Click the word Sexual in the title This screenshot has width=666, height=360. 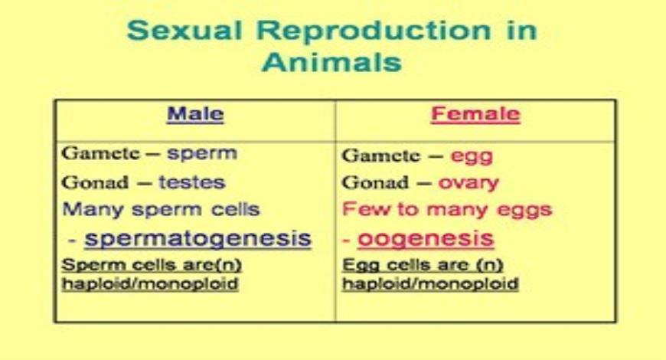[184, 31]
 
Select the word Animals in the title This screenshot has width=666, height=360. [331, 62]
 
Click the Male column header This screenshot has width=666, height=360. [195, 114]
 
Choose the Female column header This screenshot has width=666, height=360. [475, 114]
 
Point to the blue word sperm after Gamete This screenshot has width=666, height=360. [202, 154]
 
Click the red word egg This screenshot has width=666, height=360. [472, 157]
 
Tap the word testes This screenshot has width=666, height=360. [192, 182]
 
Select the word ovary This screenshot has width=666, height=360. [468, 183]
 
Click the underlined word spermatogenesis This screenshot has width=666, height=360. [198, 238]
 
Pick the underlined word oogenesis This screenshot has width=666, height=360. [426, 238]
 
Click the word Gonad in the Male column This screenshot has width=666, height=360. [95, 182]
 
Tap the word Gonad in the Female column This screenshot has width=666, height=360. [375, 182]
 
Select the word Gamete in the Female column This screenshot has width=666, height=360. [381, 155]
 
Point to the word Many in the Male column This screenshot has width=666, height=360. [93, 210]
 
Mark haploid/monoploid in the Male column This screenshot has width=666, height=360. [150, 284]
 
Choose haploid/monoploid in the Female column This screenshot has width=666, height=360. [430, 284]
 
